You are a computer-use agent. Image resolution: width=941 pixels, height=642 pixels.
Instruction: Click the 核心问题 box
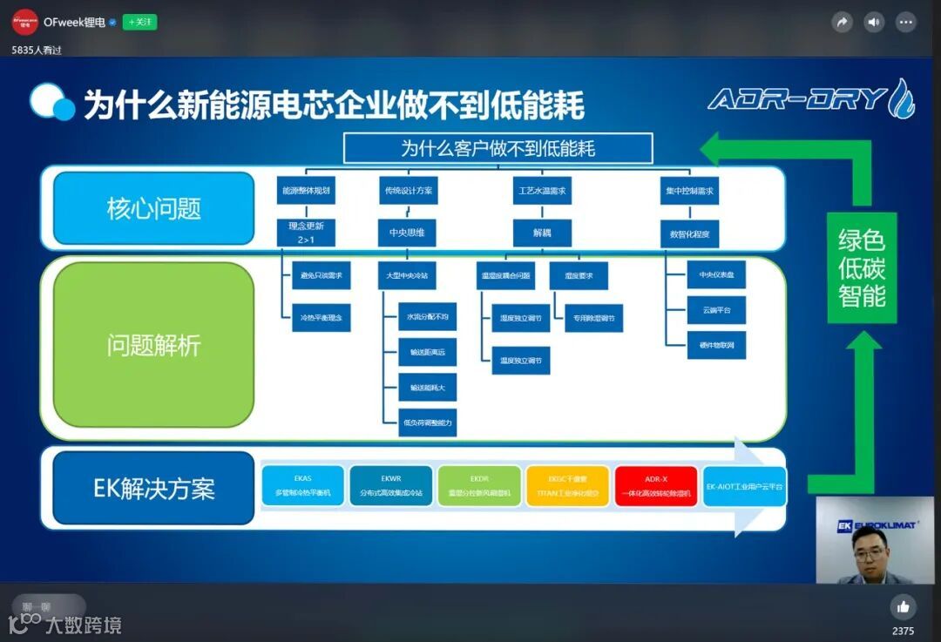tap(153, 208)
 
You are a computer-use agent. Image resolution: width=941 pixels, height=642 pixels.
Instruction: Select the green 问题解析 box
tap(153, 345)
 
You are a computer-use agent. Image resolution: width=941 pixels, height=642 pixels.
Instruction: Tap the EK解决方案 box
tap(153, 488)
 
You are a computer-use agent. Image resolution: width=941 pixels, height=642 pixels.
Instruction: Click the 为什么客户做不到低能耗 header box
tap(498, 148)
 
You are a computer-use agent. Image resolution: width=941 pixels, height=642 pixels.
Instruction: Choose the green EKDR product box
tap(478, 486)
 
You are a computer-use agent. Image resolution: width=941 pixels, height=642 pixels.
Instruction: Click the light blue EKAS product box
tap(303, 486)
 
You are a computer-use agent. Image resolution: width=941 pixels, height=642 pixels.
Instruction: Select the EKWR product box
tap(391, 486)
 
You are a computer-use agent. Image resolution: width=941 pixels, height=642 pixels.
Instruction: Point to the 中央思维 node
tap(407, 233)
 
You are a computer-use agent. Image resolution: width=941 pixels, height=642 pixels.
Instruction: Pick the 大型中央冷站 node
tap(407, 275)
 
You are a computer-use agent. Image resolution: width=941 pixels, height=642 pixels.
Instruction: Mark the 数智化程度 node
tap(689, 233)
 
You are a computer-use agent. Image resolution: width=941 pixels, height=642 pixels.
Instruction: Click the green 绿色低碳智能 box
tap(862, 267)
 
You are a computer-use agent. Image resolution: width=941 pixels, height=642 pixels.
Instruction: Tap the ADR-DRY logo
tap(810, 98)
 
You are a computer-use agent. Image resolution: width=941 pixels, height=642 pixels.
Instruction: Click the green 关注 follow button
tap(139, 22)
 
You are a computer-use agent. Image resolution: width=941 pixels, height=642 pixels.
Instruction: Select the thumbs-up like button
tap(903, 606)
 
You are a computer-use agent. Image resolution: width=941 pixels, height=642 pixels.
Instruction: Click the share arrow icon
tap(842, 23)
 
